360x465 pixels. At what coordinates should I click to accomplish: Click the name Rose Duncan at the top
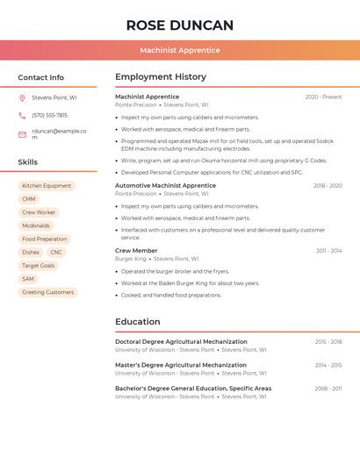click(x=180, y=25)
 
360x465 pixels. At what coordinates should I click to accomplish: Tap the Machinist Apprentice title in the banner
click(x=180, y=50)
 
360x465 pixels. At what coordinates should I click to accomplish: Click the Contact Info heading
click(x=40, y=77)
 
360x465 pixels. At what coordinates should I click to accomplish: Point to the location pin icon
click(x=22, y=98)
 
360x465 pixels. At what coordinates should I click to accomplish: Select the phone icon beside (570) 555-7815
click(x=22, y=115)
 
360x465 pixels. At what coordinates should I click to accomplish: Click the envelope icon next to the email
click(x=22, y=134)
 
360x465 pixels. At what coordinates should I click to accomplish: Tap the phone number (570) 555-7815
click(x=50, y=115)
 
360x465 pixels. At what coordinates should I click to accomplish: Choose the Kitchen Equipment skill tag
click(x=47, y=186)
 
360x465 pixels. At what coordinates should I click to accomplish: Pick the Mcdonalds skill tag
click(x=36, y=225)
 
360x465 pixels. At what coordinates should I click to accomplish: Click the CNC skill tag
click(x=56, y=252)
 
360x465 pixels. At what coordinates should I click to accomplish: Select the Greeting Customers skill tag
click(x=47, y=292)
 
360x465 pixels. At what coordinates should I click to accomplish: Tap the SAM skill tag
click(x=28, y=279)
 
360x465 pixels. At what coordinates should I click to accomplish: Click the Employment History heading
click(x=161, y=77)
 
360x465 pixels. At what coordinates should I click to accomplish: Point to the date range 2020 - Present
click(x=323, y=97)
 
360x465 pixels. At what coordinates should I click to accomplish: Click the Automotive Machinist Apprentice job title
click(x=165, y=186)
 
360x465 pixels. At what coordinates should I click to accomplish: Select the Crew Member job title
click(x=136, y=251)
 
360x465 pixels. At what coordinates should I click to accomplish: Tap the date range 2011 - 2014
click(x=328, y=251)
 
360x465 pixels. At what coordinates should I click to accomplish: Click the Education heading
click(x=137, y=322)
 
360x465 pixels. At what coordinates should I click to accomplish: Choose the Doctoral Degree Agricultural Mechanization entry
click(x=181, y=342)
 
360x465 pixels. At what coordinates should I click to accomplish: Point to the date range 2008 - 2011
click(x=328, y=389)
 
